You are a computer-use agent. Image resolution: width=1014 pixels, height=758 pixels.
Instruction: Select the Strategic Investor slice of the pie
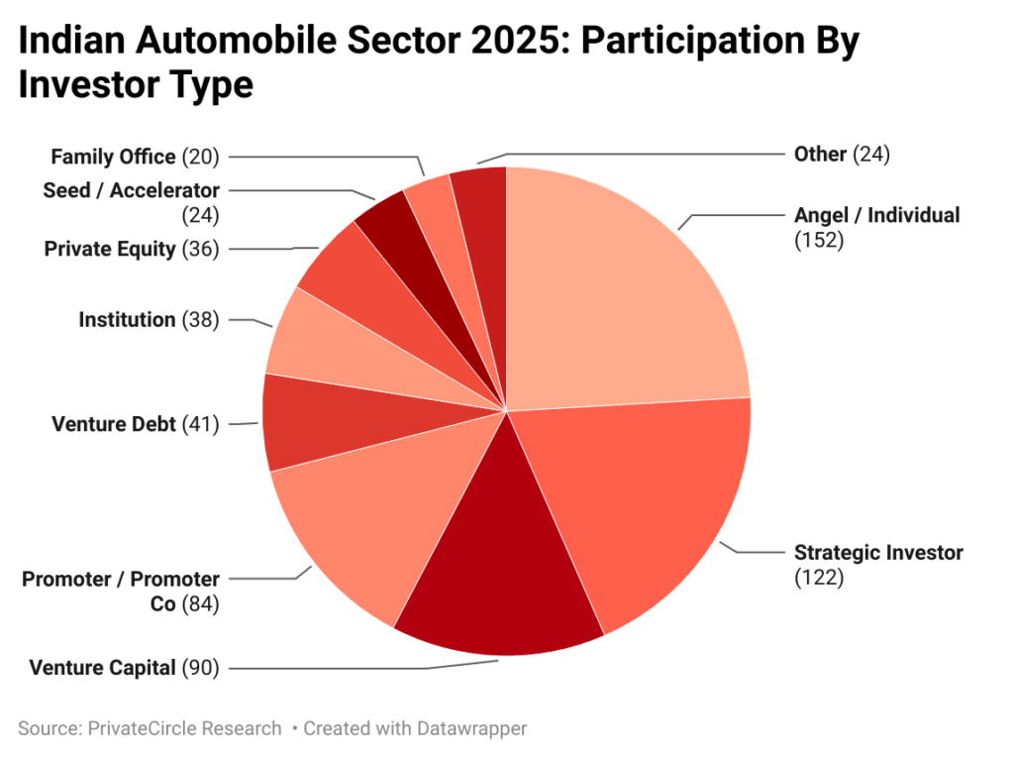click(x=644, y=505)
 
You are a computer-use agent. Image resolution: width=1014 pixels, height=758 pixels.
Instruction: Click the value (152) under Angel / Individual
click(x=818, y=239)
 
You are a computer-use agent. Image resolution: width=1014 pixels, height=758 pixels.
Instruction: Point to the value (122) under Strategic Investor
click(x=818, y=577)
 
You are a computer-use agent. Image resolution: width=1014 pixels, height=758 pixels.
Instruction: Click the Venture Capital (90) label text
click(x=124, y=667)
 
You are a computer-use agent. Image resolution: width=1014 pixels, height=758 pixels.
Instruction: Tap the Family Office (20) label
click(x=135, y=157)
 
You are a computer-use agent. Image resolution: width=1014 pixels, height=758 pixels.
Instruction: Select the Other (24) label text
click(x=842, y=154)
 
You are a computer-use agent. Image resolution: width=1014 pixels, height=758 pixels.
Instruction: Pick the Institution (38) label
click(x=149, y=319)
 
